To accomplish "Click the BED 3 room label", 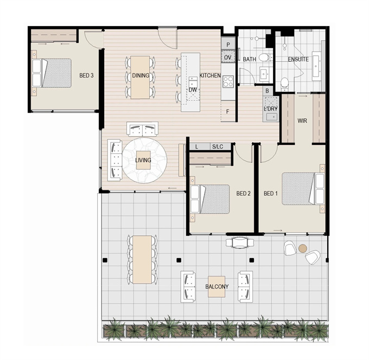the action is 86,75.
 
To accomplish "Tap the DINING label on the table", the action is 141,75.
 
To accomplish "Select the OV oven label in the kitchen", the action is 227,57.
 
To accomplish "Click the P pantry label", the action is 228,44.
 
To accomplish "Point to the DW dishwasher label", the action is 193,89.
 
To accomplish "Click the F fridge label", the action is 227,112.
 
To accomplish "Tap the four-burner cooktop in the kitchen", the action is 228,81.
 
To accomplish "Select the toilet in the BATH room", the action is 265,57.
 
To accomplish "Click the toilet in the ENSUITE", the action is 284,83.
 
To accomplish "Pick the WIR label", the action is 302,121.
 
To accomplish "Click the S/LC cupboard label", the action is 218,147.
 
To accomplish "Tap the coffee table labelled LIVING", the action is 143,160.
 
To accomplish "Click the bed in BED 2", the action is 210,199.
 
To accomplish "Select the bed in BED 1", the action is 303,189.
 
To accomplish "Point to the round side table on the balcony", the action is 303,248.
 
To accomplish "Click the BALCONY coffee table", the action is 217,287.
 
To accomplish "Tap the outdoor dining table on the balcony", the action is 142,260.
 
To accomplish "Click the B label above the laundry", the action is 267,91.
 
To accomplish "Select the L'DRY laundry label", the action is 271,109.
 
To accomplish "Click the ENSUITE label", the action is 298,59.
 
